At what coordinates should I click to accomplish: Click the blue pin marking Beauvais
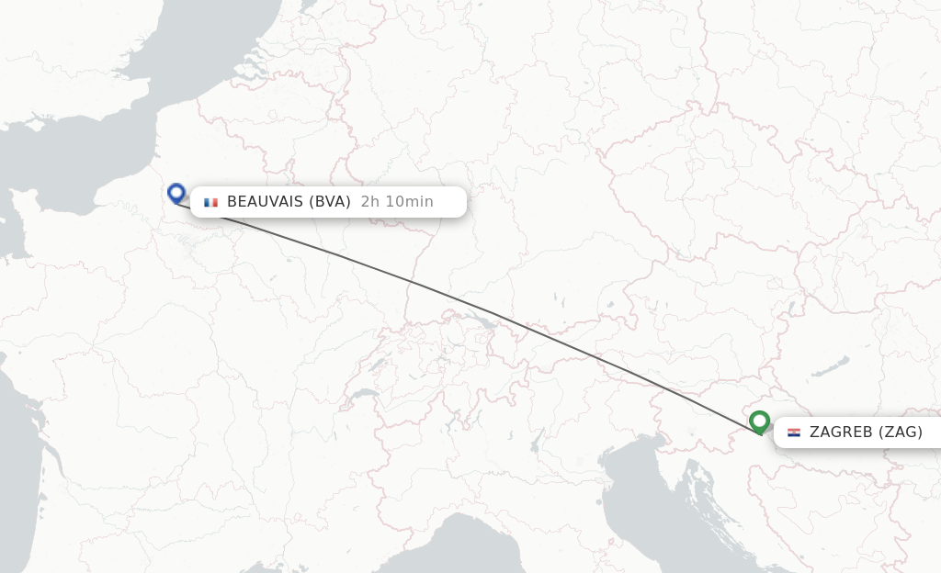[176, 193]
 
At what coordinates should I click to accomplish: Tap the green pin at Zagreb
[759, 421]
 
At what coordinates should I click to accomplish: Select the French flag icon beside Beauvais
[211, 202]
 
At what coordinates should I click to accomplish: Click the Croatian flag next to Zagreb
[794, 432]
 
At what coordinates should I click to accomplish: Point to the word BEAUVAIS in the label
[265, 202]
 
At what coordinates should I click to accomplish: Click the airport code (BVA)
[329, 202]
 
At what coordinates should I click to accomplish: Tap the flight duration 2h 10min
[397, 202]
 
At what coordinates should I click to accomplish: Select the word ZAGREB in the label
[841, 432]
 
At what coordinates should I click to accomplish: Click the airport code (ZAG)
[901, 432]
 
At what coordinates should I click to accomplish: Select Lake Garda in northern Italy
[535, 444]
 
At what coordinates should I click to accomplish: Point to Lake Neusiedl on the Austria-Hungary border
[791, 307]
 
